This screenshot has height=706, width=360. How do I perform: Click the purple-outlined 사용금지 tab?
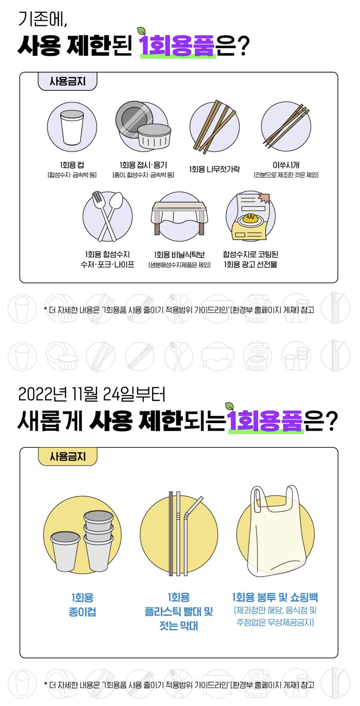[67, 81]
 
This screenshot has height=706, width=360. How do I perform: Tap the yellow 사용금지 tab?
[67, 456]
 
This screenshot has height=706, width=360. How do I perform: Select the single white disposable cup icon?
[72, 127]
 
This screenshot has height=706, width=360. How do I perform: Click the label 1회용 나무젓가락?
[215, 169]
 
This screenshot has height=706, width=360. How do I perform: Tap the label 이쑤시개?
[286, 165]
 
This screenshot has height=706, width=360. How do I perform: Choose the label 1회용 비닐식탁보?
[179, 254]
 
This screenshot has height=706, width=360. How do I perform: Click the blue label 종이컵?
[83, 612]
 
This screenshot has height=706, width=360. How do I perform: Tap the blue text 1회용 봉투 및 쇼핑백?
[275, 597]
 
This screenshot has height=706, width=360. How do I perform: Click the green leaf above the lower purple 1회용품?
[229, 406]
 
